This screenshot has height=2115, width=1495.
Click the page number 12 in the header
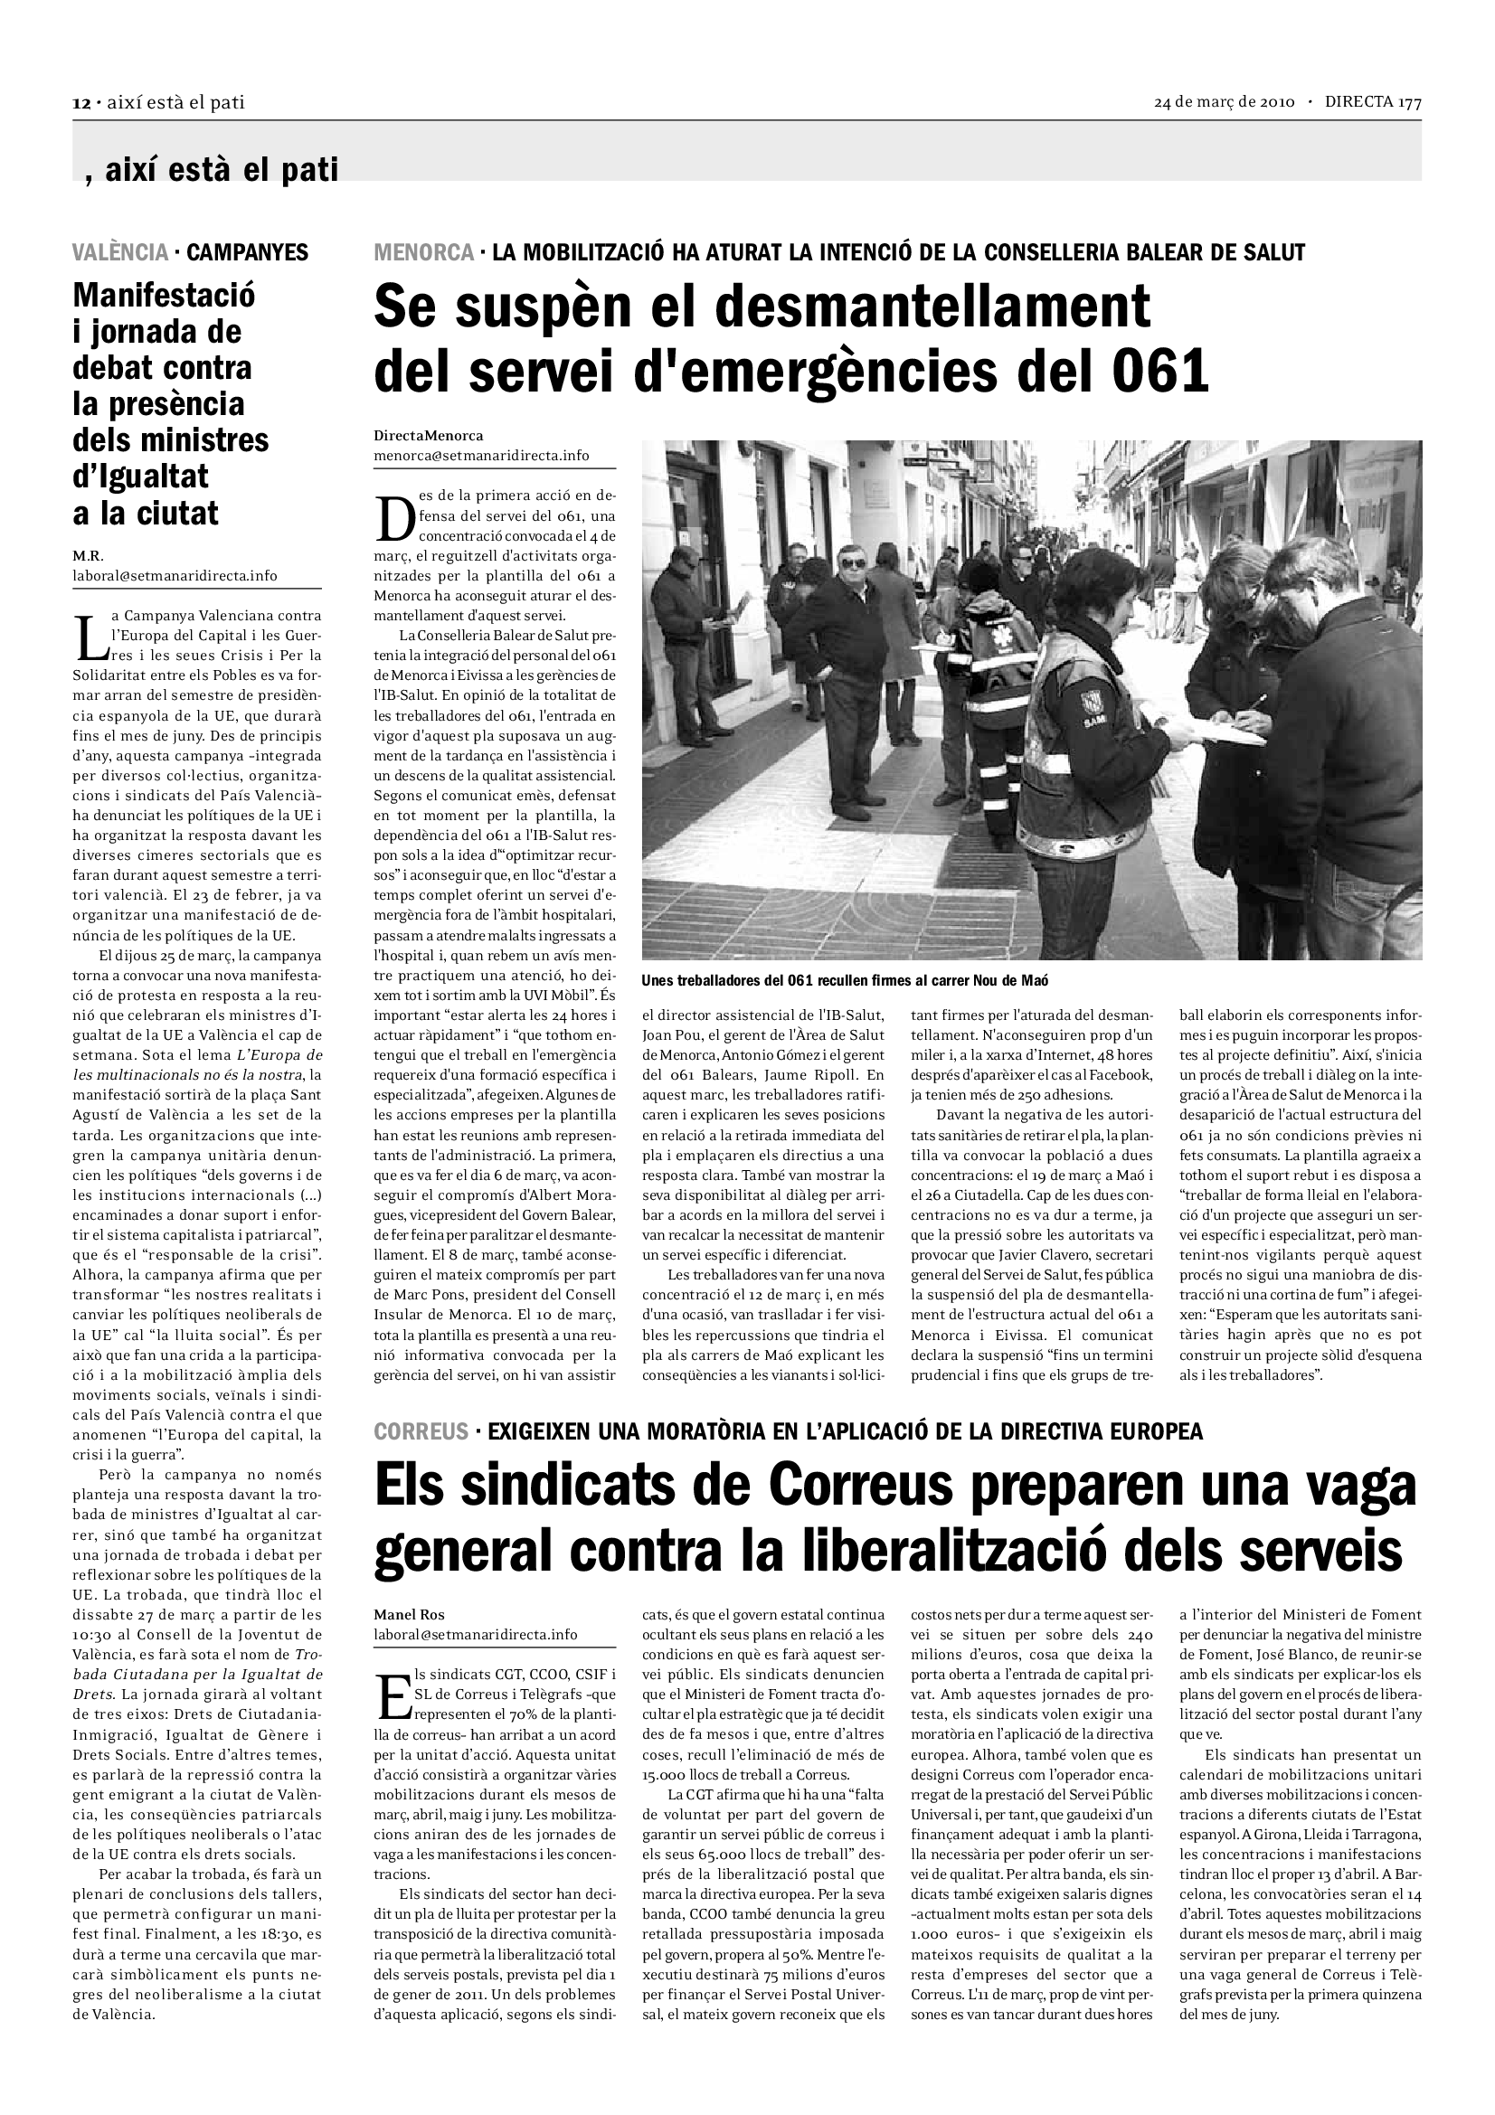tap(81, 103)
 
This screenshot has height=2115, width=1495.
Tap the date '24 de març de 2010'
tap(1225, 102)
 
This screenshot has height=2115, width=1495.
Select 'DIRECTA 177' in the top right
tap(1373, 102)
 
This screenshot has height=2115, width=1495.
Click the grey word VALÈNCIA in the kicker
tap(120, 252)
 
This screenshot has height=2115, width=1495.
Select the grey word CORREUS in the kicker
tap(421, 1431)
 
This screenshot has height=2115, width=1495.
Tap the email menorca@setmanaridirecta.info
tap(481, 456)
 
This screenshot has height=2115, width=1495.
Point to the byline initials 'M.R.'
tap(89, 556)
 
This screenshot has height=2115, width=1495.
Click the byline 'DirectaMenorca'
tap(429, 436)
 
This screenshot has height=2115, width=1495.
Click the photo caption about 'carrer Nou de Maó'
tap(846, 980)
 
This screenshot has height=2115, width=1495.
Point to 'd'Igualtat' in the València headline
tap(141, 477)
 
